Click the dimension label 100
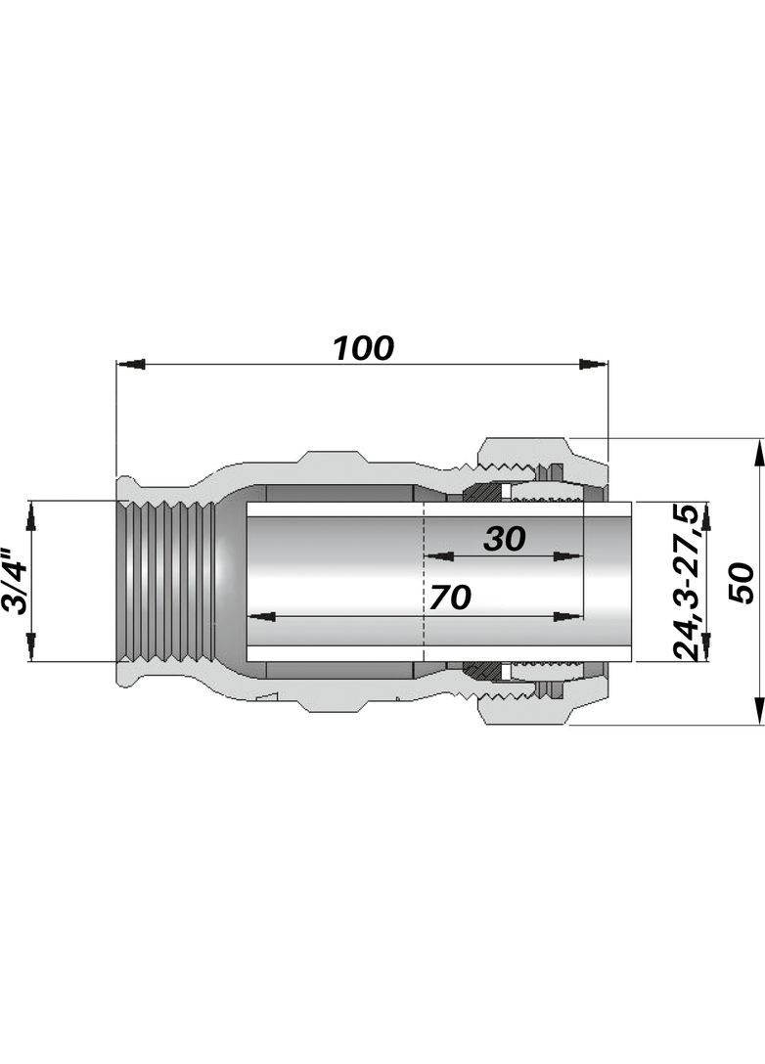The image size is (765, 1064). pyautogui.click(x=363, y=348)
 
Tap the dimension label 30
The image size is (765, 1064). pyautogui.click(x=505, y=539)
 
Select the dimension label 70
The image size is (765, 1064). pyautogui.click(x=450, y=598)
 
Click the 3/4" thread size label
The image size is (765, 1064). pyautogui.click(x=15, y=581)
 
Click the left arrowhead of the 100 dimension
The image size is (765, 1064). pyautogui.click(x=131, y=365)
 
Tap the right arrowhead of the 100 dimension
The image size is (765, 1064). pyautogui.click(x=593, y=365)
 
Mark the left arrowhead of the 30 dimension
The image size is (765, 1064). pyautogui.click(x=438, y=557)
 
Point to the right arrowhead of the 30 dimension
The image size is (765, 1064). pyautogui.click(x=568, y=557)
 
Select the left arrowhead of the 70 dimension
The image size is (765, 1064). pyautogui.click(x=261, y=617)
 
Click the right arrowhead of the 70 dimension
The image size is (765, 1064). pyautogui.click(x=568, y=617)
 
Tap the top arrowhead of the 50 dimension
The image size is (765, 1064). pyautogui.click(x=757, y=453)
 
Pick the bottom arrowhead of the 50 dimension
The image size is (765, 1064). pyautogui.click(x=757, y=710)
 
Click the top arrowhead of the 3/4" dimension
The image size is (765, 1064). pyautogui.click(x=30, y=515)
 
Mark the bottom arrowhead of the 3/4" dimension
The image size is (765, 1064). pyautogui.click(x=30, y=646)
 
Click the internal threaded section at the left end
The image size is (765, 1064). pyautogui.click(x=165, y=581)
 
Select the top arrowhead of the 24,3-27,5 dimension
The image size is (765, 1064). pyautogui.click(x=706, y=516)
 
